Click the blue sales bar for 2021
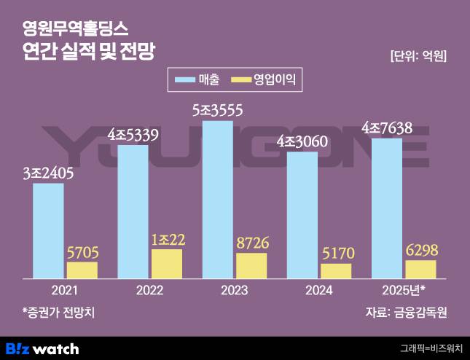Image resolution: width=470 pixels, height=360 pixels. (48, 230)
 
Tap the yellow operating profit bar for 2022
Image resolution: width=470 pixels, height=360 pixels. (166, 264)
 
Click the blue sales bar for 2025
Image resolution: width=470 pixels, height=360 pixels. (386, 208)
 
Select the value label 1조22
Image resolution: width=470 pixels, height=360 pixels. (167, 240)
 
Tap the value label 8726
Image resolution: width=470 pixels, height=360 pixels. (251, 243)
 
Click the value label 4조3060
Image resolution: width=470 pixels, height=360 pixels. (302, 141)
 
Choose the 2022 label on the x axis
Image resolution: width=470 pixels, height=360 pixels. (149, 290)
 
